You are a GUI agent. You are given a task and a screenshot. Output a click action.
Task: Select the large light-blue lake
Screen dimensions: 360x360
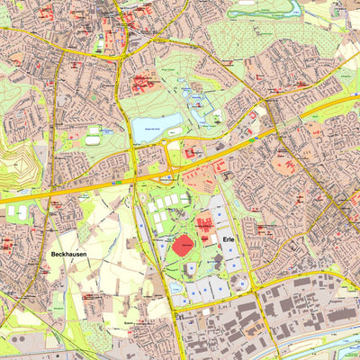(156, 127)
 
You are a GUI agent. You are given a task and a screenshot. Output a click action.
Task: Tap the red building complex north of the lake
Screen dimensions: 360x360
(144, 85)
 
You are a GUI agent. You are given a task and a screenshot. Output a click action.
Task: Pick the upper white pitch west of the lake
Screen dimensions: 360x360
(93, 131)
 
